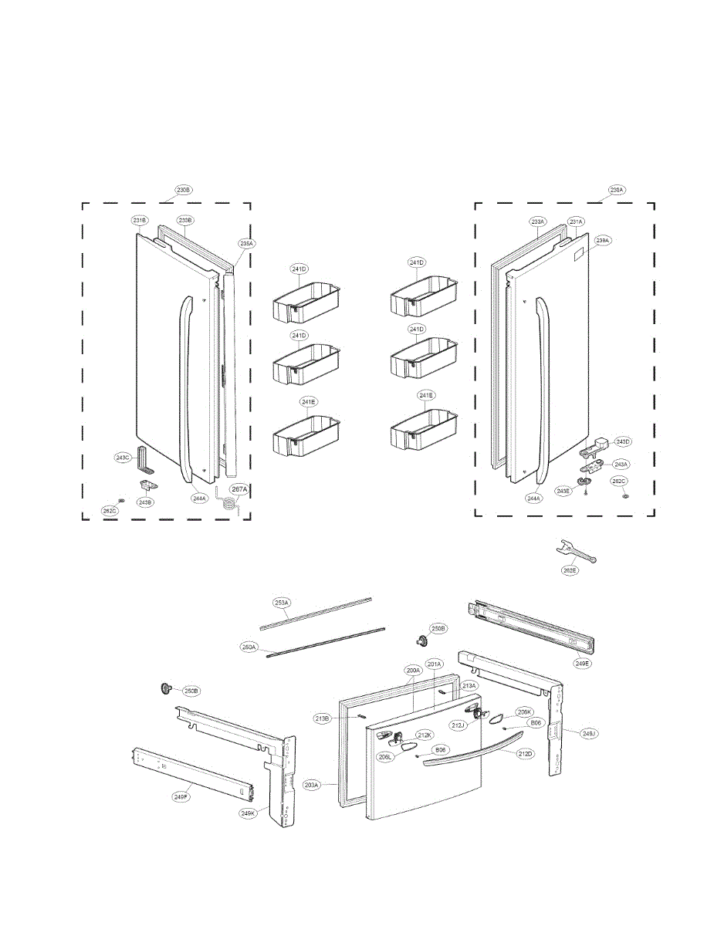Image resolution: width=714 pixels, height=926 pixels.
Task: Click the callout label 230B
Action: (x=183, y=189)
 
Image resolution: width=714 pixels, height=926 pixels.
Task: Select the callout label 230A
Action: (x=616, y=189)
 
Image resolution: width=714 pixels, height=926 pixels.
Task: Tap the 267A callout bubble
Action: (x=239, y=489)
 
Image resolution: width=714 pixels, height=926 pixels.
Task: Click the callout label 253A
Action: (x=282, y=602)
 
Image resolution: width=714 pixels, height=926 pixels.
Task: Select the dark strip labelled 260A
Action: (x=324, y=640)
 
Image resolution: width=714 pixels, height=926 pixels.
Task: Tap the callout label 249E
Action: (x=582, y=661)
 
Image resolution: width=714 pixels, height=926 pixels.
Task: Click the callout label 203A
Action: (x=312, y=785)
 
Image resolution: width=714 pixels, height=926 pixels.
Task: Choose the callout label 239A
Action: (x=602, y=240)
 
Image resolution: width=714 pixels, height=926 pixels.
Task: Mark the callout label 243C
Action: (x=123, y=458)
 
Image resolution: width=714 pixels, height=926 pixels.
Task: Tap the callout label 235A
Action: (x=246, y=243)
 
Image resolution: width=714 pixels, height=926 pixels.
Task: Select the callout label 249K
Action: (x=247, y=812)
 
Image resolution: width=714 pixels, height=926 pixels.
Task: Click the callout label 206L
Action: (x=384, y=757)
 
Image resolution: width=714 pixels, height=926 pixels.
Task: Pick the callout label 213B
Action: (x=322, y=718)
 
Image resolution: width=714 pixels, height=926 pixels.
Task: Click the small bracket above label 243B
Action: (x=147, y=484)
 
